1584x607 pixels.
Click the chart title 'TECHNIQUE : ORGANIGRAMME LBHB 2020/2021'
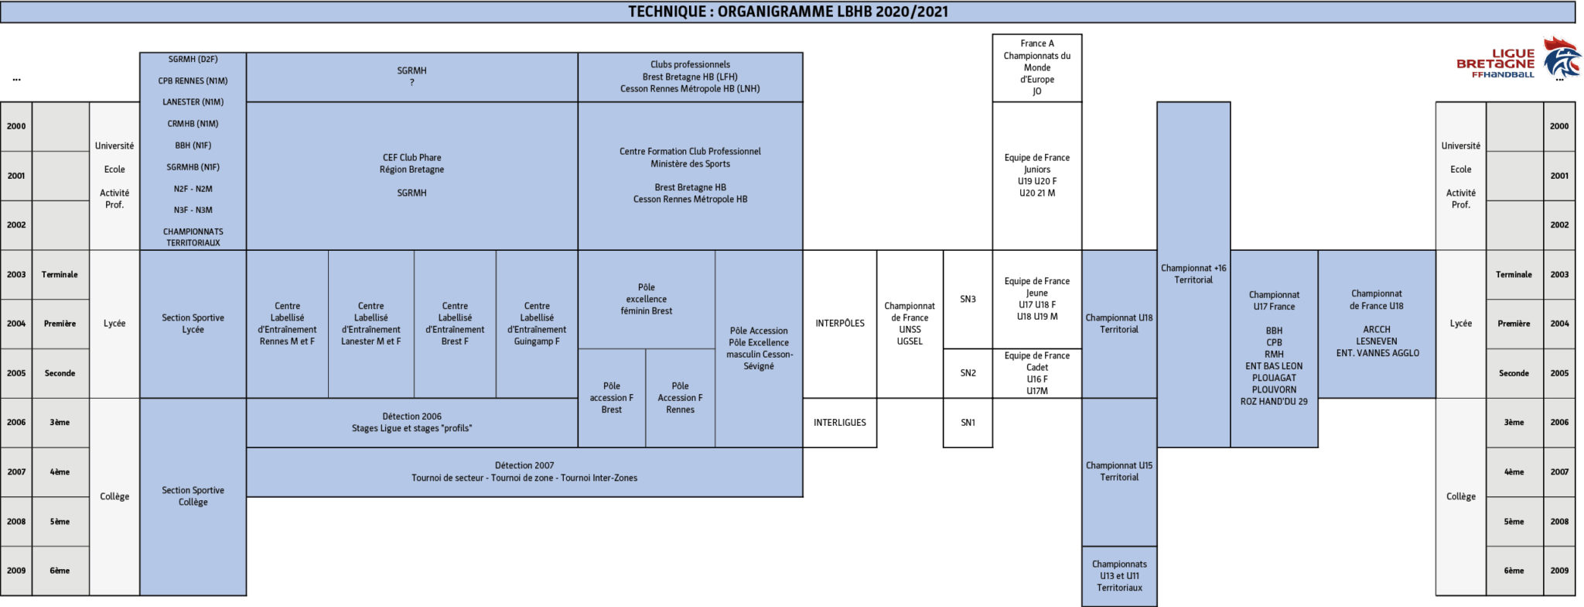tap(787, 12)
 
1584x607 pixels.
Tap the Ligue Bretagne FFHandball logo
tap(1515, 58)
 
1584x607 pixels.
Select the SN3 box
tap(968, 299)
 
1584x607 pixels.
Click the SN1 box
tap(968, 423)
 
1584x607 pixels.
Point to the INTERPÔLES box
tap(840, 324)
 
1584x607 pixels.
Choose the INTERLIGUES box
tap(840, 423)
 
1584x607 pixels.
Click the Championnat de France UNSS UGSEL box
tap(910, 324)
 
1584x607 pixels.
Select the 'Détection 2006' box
tap(411, 423)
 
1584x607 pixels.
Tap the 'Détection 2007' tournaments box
tap(524, 472)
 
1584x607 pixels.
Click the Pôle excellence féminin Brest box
tap(647, 299)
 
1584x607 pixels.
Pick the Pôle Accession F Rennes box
tap(681, 398)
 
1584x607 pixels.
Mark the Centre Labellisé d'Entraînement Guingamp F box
tap(537, 324)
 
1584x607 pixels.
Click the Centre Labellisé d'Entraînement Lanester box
tap(371, 324)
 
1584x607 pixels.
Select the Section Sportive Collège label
tap(193, 496)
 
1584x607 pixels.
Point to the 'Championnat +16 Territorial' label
tap(1193, 274)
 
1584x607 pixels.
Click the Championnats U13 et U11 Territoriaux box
tap(1119, 576)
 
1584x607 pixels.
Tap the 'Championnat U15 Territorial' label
tap(1119, 472)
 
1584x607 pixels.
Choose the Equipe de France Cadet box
tap(1037, 373)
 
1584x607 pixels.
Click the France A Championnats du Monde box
tap(1037, 67)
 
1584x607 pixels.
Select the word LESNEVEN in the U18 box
tap(1377, 341)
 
